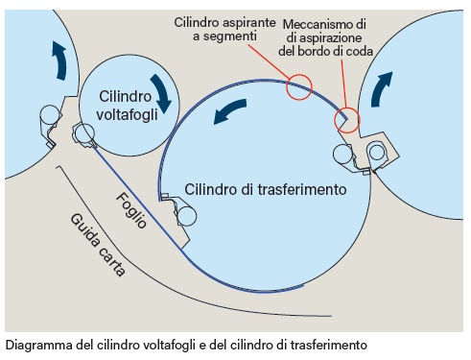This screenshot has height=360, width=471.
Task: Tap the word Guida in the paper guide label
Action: pyautogui.click(x=86, y=229)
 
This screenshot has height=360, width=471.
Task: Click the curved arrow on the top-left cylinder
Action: pyautogui.click(x=59, y=60)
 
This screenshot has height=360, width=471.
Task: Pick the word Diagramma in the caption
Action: pyautogui.click(x=39, y=344)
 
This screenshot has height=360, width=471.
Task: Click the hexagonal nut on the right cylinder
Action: pyautogui.click(x=377, y=151)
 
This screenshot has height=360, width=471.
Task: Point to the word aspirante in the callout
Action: pyautogui.click(x=257, y=21)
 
